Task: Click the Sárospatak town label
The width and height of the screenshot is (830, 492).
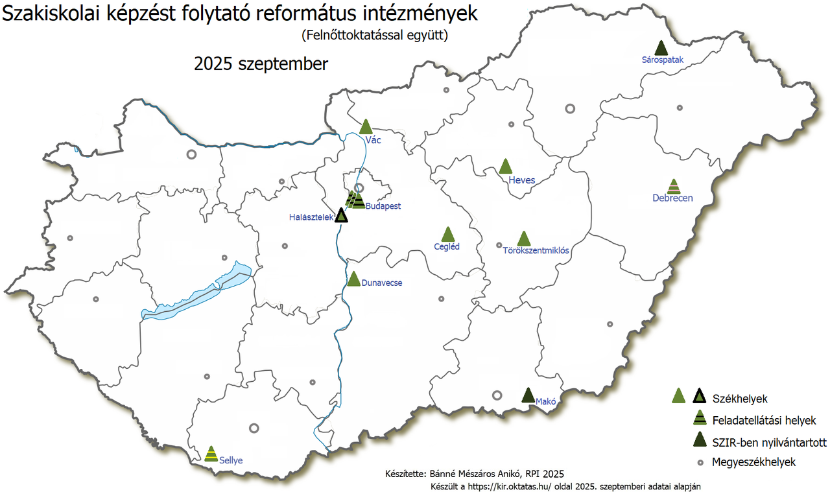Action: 662,60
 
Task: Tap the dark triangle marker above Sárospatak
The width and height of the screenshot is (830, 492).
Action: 661,48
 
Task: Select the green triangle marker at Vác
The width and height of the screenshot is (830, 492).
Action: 366,127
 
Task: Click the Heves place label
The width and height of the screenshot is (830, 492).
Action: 522,180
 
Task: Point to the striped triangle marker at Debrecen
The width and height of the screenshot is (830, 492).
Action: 674,187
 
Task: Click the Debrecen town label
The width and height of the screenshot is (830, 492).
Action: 672,198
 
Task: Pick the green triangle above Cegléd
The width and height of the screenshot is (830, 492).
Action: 447,235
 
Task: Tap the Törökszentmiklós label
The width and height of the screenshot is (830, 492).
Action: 536,251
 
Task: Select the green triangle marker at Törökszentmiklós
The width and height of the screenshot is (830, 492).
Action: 524,239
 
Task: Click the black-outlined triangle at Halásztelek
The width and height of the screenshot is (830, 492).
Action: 341,215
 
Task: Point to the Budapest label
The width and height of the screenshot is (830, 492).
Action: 383,206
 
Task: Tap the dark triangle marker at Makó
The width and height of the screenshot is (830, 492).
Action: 528,395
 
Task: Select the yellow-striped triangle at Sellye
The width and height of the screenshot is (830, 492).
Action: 211,454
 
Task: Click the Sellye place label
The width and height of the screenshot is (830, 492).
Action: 231,460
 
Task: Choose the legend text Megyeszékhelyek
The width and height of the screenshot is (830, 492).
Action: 753,462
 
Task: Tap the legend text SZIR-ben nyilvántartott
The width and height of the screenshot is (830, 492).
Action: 769,441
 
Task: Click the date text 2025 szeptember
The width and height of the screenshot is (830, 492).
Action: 261,65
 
